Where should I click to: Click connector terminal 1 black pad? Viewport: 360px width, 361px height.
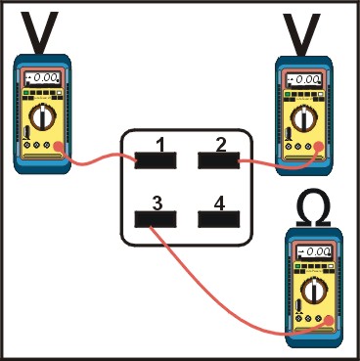pos(156,160)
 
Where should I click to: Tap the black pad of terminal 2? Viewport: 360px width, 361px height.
pos(219,160)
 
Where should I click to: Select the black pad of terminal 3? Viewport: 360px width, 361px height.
pos(156,219)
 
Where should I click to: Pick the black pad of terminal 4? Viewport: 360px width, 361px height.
pos(219,219)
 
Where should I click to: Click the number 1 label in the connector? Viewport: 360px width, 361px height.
pos(159,146)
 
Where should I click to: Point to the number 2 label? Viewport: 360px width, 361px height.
pos(221,145)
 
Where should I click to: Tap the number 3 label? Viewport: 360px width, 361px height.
pos(157,203)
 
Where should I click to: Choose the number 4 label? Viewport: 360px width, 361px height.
pos(219,203)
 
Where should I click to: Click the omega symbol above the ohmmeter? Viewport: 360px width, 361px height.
pos(313,207)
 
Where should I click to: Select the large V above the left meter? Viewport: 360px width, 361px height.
pos(39,32)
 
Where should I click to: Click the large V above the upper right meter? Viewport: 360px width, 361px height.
pos(301,34)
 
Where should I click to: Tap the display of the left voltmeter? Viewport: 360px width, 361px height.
pos(43,78)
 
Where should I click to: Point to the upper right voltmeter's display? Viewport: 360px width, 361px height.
pos(303,80)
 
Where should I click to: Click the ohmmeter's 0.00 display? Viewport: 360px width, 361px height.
pos(314,252)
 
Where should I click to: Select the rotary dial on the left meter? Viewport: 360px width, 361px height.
pos(43,116)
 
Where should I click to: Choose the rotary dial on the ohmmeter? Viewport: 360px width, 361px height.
pos(314,291)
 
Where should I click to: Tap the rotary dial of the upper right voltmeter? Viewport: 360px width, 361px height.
pos(304,118)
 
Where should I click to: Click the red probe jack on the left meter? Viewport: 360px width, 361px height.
pos(58,146)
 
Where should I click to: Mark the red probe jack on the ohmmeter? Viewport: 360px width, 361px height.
pos(329,320)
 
